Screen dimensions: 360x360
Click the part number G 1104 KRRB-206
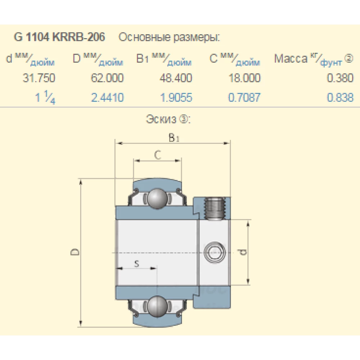(x=59, y=37)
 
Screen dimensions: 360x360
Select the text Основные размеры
(x=169, y=37)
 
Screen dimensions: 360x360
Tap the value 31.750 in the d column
(x=39, y=78)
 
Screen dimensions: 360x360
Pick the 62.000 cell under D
(x=107, y=78)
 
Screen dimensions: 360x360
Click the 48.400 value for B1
(x=176, y=78)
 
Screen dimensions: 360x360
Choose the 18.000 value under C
(x=244, y=78)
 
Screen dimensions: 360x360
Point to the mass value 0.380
(x=340, y=78)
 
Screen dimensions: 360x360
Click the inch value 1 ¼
(x=45, y=98)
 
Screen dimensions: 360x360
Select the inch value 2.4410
(x=107, y=98)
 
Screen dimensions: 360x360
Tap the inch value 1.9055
(x=176, y=98)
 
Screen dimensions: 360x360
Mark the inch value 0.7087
(x=244, y=98)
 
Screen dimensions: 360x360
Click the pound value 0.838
(x=340, y=98)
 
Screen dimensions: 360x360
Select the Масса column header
(x=291, y=59)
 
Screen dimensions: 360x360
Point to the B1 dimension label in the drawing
(x=174, y=137)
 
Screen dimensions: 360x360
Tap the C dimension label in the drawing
(x=157, y=155)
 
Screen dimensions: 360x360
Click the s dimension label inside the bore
(x=136, y=264)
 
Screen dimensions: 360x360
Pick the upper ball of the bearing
(x=157, y=198)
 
